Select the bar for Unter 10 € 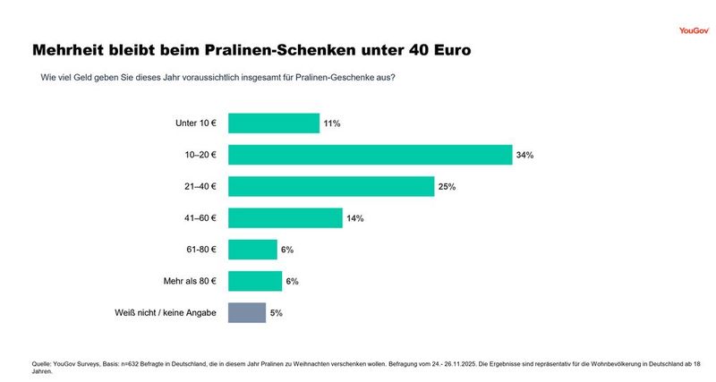click(x=274, y=123)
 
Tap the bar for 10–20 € click(x=370, y=155)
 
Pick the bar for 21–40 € click(x=331, y=186)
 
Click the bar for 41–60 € click(x=285, y=217)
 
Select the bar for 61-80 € click(x=252, y=250)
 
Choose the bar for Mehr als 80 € click(x=255, y=281)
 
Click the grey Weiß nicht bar click(x=247, y=312)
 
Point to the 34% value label click(x=524, y=155)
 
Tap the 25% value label click(x=447, y=186)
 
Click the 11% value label click(x=332, y=123)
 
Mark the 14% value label click(x=355, y=218)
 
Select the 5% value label click(x=277, y=313)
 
